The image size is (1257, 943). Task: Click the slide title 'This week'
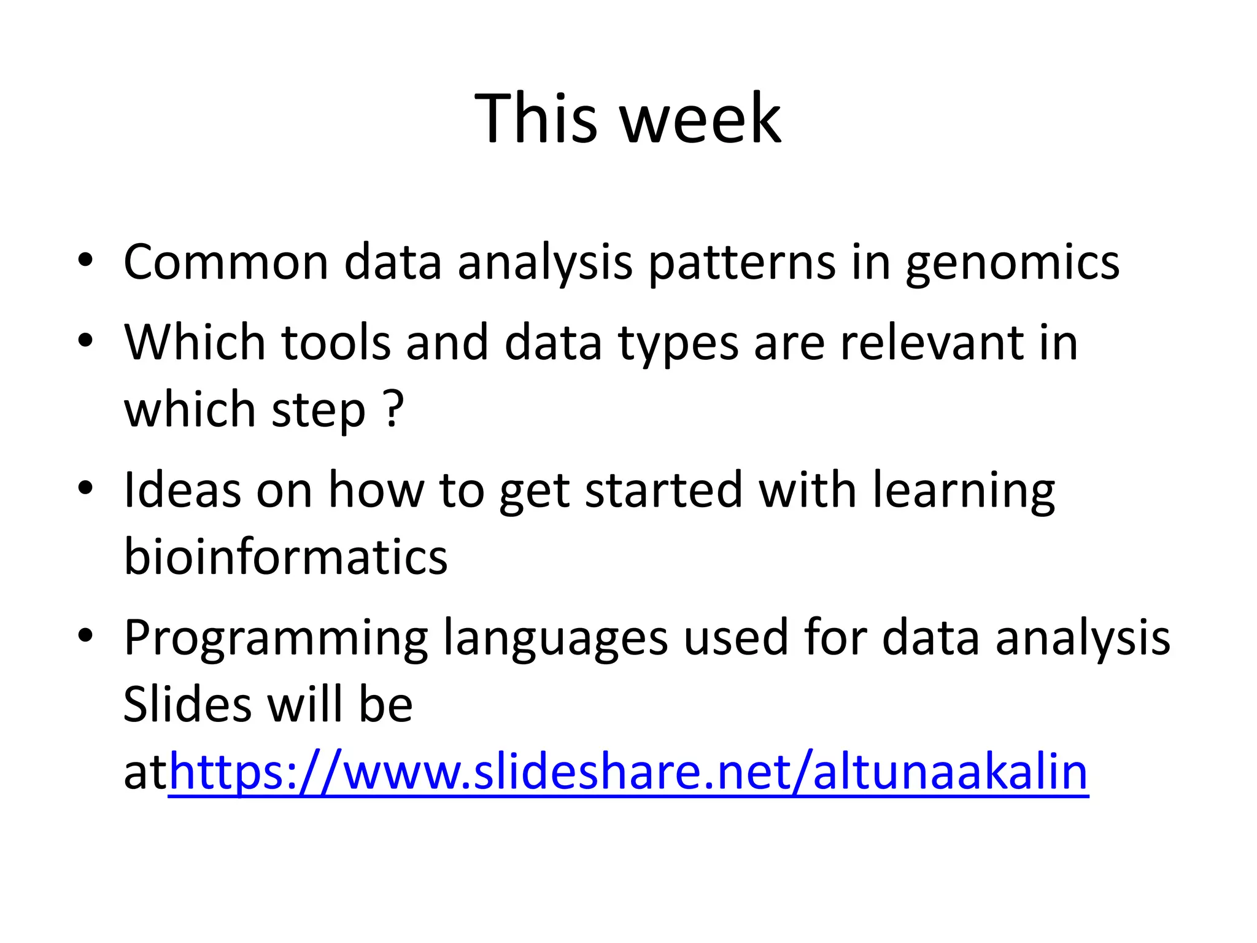628,118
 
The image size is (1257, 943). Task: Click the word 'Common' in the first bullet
226,262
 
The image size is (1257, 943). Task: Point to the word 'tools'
336,342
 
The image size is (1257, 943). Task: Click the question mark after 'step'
393,409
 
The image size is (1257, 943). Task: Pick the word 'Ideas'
182,490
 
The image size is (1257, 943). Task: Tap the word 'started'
663,490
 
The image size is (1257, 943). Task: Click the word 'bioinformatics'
285,557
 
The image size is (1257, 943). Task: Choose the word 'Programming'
276,639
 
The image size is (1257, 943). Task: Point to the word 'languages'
555,639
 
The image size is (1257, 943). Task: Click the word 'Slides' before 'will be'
187,704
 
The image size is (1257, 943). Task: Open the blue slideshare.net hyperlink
628,773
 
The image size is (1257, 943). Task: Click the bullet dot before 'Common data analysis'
85,260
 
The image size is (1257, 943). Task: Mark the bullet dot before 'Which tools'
85,340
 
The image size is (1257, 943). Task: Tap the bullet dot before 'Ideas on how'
85,488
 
